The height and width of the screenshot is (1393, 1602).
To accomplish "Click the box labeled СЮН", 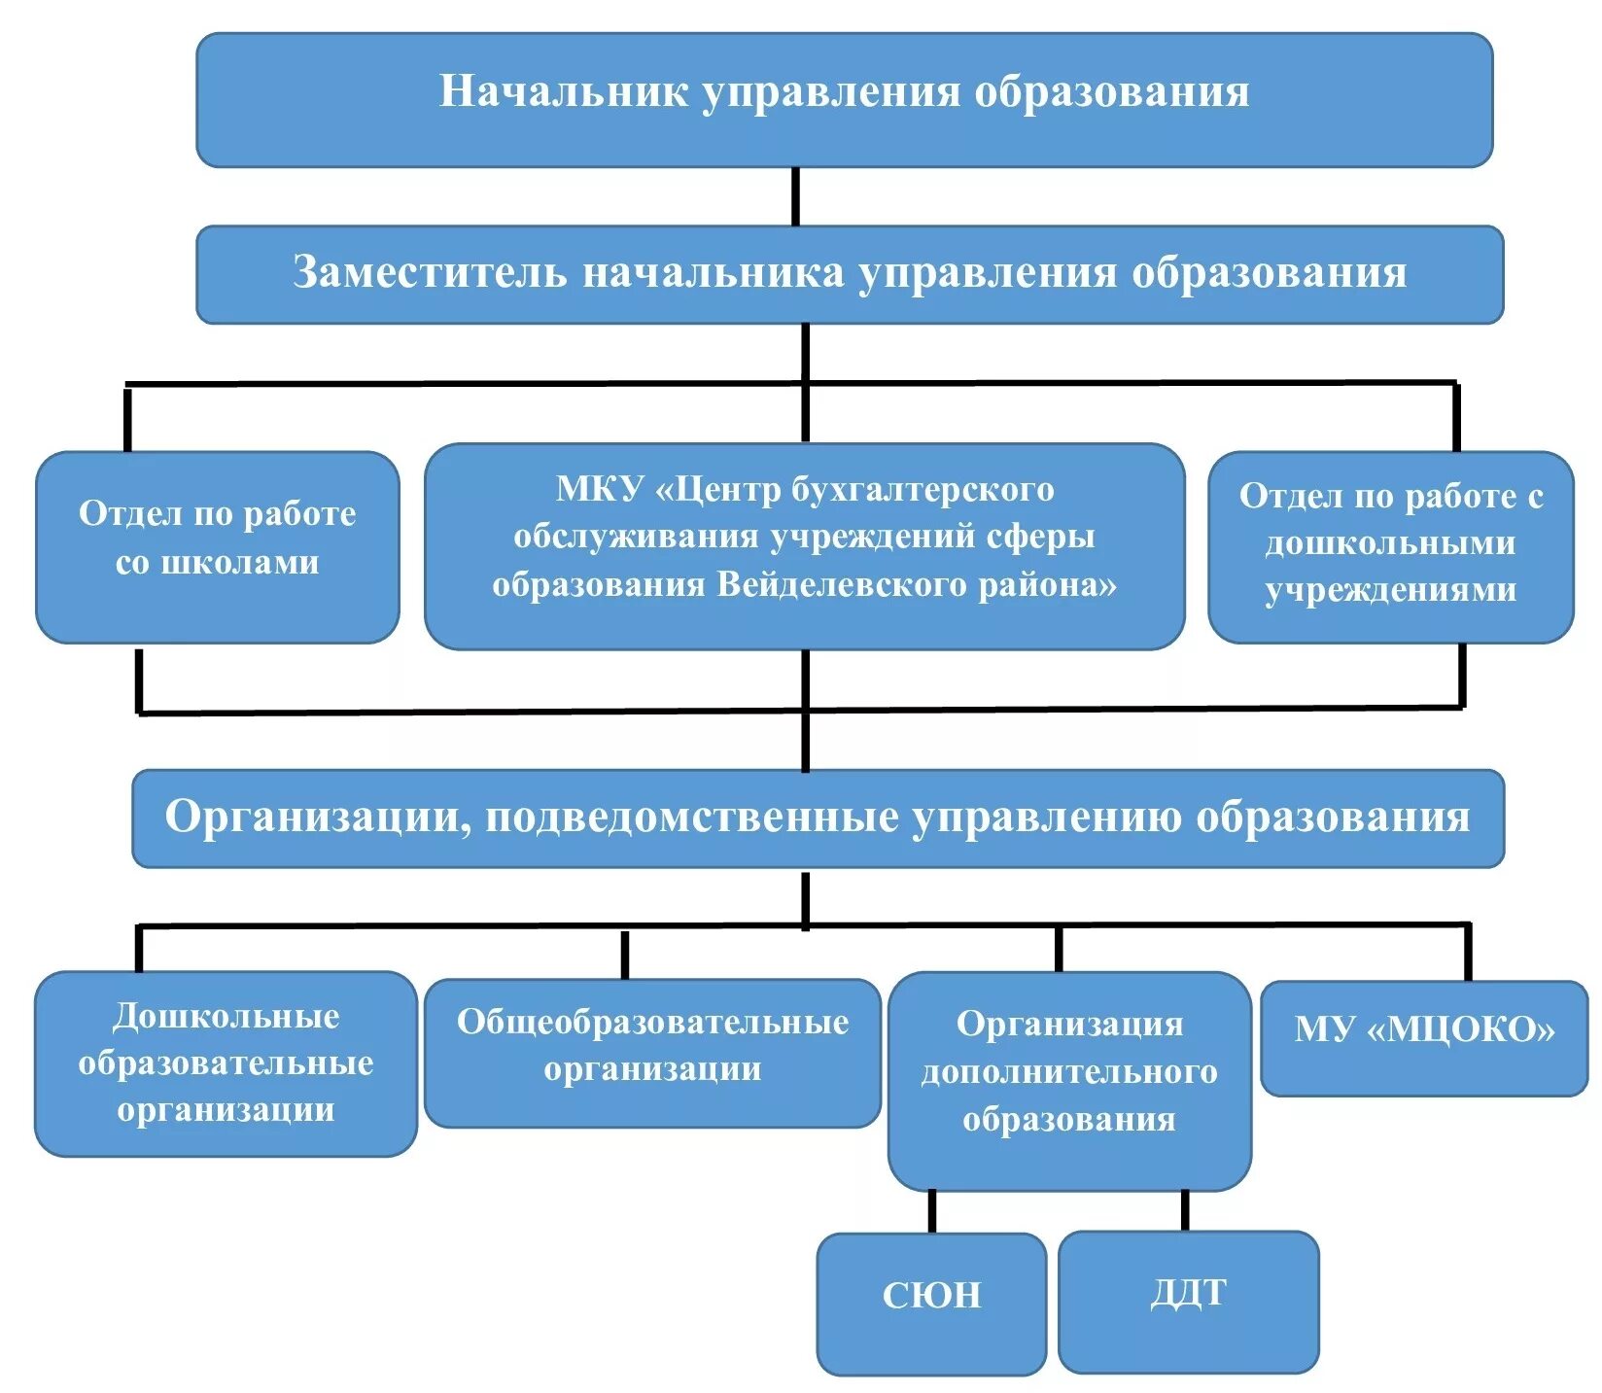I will click(930, 1303).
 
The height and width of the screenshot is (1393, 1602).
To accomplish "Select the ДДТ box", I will click(1188, 1301).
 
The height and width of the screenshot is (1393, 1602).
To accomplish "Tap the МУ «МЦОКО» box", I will click(1423, 1036).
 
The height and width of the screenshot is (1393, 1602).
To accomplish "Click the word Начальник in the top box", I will click(564, 91).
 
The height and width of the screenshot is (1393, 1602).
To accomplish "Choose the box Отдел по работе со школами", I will click(217, 546).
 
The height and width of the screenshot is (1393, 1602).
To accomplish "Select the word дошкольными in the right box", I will click(1389, 542).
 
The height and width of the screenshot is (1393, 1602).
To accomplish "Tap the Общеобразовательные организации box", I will click(652, 1052).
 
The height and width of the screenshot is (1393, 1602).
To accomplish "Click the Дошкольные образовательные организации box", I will click(226, 1063).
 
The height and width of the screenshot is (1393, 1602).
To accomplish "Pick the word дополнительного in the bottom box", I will click(1068, 1071).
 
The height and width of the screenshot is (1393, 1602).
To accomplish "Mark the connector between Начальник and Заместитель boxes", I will click(796, 196).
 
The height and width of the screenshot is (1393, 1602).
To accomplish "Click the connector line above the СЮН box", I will click(931, 1211).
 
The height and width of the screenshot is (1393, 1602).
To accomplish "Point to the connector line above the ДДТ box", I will click(1185, 1210).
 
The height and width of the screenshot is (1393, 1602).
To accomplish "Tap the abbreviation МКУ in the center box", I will click(599, 489).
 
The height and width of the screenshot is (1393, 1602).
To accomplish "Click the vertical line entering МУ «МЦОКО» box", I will click(1467, 953).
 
